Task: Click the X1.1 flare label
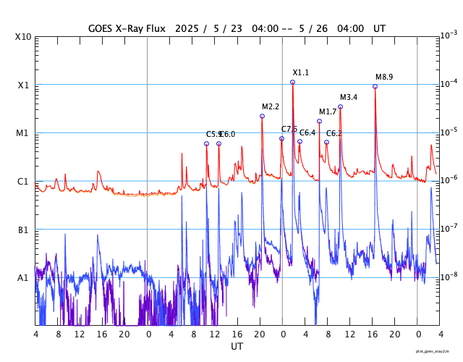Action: click(x=300, y=72)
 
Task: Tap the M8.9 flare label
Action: click(x=384, y=77)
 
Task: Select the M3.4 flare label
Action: click(x=349, y=97)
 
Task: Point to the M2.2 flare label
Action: click(x=271, y=106)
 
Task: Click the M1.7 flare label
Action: click(x=328, y=111)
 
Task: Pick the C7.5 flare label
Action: click(x=289, y=129)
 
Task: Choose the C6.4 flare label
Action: click(x=307, y=132)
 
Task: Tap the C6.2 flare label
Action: click(x=334, y=133)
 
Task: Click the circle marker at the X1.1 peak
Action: click(x=292, y=83)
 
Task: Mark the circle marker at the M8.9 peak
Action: click(x=375, y=86)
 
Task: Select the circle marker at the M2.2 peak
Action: click(x=262, y=116)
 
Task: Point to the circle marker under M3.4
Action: click(x=340, y=106)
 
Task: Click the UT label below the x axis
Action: click(x=237, y=347)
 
